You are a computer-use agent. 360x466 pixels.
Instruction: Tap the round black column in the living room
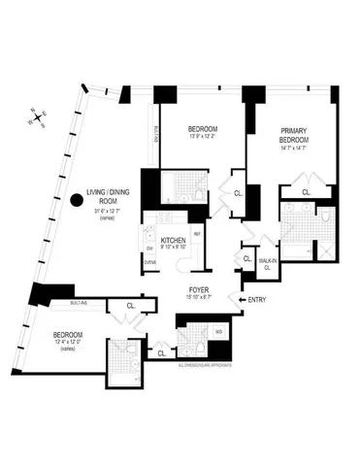click(78, 201)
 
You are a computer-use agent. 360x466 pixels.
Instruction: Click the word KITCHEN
click(173, 239)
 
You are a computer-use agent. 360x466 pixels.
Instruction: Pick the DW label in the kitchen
click(150, 248)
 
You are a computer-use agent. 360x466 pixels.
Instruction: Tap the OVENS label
click(150, 262)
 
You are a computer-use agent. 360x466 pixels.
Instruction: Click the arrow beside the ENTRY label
click(240, 300)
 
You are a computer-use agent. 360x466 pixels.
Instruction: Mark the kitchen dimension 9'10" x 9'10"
click(173, 247)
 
